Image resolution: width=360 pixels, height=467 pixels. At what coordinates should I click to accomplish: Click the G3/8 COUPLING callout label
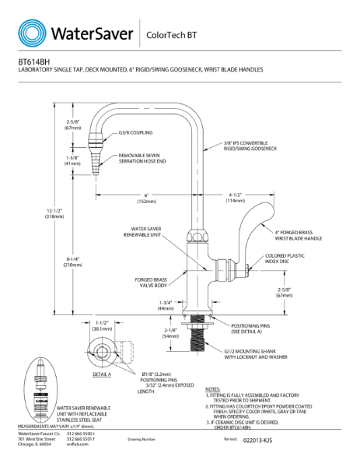(137, 133)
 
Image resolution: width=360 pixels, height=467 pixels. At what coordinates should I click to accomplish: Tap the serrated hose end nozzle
(96, 160)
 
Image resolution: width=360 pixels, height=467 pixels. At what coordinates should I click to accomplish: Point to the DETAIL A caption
(102, 374)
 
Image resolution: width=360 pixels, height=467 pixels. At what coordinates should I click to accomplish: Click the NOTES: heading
(214, 388)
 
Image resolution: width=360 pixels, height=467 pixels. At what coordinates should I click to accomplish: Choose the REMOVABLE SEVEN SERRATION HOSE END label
(145, 159)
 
